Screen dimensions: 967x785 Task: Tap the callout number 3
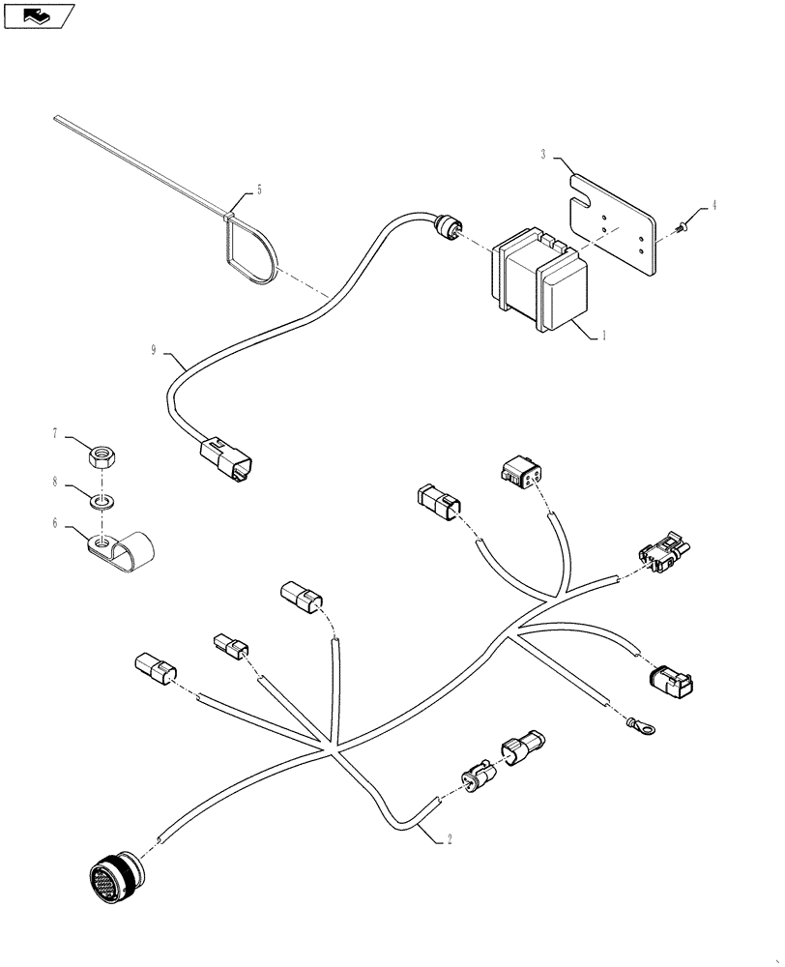[x=544, y=154]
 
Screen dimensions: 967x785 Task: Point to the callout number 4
[x=714, y=205]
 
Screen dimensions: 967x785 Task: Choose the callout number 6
[x=56, y=522]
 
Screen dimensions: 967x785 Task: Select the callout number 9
[x=153, y=350]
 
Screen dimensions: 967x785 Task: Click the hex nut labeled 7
[x=103, y=454]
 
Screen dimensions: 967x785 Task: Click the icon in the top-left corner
[x=40, y=15]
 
